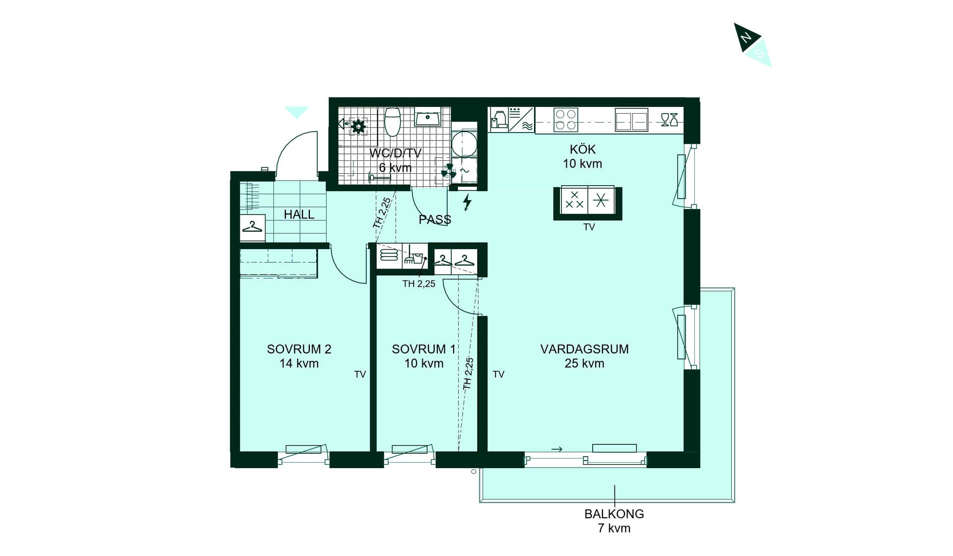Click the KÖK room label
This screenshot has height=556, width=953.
click(x=583, y=149)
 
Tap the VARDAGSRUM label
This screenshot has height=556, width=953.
click(x=584, y=349)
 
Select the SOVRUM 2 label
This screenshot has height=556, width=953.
click(x=299, y=349)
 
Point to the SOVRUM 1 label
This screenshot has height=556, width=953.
click(x=423, y=349)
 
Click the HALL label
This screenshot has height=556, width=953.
click(x=299, y=214)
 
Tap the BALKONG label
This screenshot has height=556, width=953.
click(x=614, y=514)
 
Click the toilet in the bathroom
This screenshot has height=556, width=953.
click(x=393, y=122)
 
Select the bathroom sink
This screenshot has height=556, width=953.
click(x=427, y=118)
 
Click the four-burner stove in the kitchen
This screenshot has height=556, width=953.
click(x=566, y=120)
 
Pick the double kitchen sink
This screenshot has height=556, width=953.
click(x=631, y=120)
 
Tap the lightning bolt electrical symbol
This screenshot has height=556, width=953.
click(x=467, y=203)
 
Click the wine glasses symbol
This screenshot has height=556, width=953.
click(x=670, y=120)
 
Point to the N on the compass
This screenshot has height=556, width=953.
click(x=746, y=37)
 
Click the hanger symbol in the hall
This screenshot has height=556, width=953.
click(x=252, y=227)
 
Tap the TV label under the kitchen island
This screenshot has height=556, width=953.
click(x=589, y=227)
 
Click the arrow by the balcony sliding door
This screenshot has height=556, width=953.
click(x=557, y=449)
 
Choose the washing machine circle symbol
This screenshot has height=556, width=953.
click(x=464, y=144)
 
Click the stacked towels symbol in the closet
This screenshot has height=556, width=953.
click(x=389, y=255)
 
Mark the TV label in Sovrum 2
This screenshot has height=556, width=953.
click(x=360, y=374)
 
